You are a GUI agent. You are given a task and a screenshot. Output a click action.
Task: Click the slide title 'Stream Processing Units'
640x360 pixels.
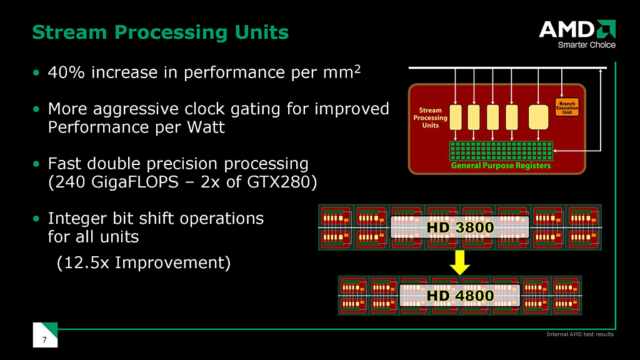click(160, 32)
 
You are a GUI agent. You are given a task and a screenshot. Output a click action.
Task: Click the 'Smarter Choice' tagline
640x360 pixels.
click(586, 45)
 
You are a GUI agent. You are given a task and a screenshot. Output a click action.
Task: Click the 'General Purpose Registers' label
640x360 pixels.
click(501, 166)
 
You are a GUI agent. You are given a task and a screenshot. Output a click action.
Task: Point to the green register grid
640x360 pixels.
click(501, 151)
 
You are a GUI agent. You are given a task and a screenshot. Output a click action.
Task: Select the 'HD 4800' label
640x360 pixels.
click(460, 295)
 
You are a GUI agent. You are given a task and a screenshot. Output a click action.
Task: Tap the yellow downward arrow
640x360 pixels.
click(460, 261)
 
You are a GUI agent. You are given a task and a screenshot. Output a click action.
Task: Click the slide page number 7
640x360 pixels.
click(44, 339)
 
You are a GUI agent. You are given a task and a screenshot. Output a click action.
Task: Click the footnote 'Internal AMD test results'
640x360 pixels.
click(580, 334)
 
